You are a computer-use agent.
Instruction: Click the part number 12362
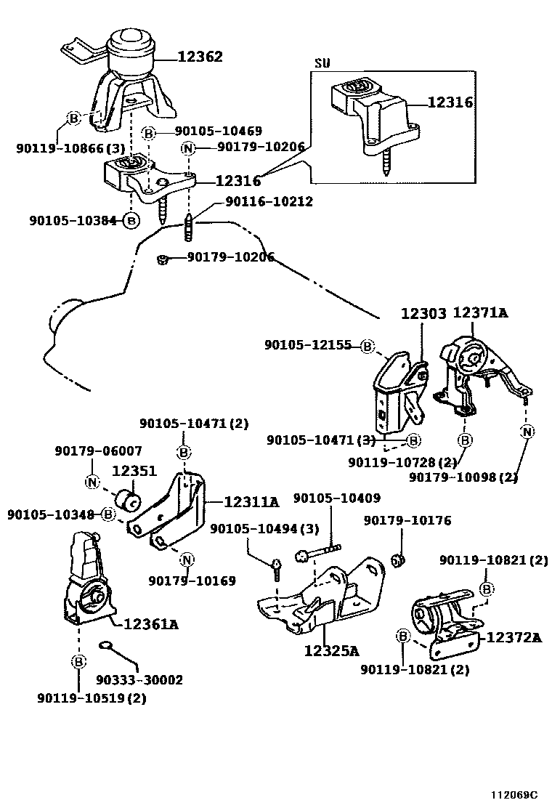click(198, 56)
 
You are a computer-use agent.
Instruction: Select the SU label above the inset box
click(322, 63)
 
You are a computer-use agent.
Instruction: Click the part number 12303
click(423, 313)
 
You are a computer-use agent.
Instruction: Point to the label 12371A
click(480, 313)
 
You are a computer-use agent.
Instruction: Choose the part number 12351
click(134, 471)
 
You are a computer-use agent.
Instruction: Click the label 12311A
click(251, 501)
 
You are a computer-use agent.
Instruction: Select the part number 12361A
click(151, 623)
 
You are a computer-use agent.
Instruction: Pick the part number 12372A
click(514, 637)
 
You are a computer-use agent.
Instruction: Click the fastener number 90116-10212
click(269, 201)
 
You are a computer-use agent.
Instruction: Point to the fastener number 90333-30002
click(139, 680)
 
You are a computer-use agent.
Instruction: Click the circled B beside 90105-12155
click(367, 347)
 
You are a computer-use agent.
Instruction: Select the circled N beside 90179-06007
click(92, 481)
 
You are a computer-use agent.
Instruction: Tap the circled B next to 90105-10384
click(130, 220)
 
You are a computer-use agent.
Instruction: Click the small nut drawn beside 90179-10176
click(397, 560)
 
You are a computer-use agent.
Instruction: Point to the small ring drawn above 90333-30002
click(105, 644)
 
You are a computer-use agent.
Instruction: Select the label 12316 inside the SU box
click(450, 102)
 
